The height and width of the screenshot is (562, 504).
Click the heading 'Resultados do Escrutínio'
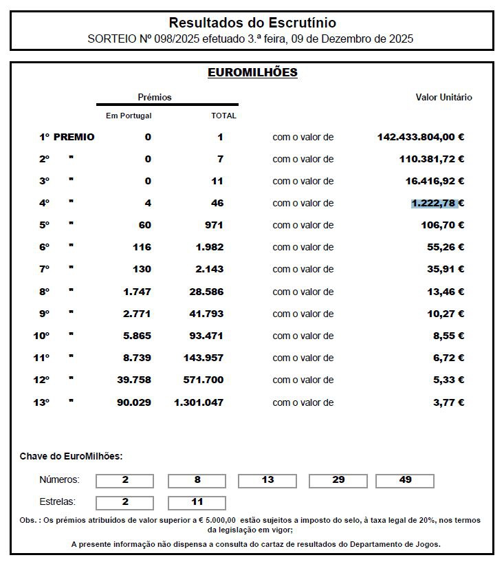click(252, 23)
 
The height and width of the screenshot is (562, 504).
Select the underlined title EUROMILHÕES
click(252, 72)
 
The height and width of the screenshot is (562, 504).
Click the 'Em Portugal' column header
click(129, 116)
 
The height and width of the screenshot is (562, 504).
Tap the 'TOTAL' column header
click(223, 116)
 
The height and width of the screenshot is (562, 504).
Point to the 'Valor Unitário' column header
click(443, 97)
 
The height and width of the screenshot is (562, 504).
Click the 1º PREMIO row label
click(67, 137)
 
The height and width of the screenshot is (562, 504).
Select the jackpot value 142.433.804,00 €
click(420, 137)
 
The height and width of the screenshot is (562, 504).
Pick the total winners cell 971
click(213, 225)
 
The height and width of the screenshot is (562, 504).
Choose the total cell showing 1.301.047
click(199, 402)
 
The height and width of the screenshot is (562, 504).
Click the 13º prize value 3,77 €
click(448, 402)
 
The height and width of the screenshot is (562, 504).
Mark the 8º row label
click(45, 292)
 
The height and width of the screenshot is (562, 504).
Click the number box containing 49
click(405, 480)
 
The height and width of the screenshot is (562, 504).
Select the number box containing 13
click(267, 480)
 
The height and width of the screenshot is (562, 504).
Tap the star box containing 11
click(197, 502)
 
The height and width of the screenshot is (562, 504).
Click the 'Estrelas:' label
click(58, 502)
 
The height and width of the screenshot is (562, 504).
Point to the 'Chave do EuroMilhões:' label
click(71, 456)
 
